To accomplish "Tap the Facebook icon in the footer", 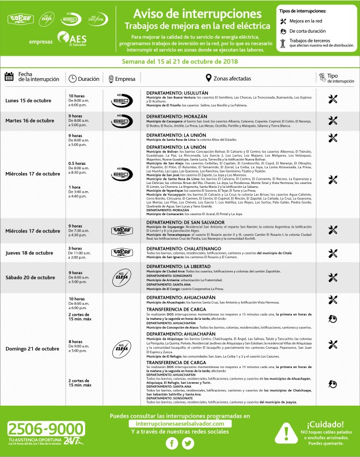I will coord(172,443).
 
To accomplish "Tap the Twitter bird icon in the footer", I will coord(188,443).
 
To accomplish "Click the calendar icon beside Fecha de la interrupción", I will coord(9,77).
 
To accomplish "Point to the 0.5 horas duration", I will coord(77,163).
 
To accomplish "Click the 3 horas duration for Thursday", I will coord(76,248).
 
